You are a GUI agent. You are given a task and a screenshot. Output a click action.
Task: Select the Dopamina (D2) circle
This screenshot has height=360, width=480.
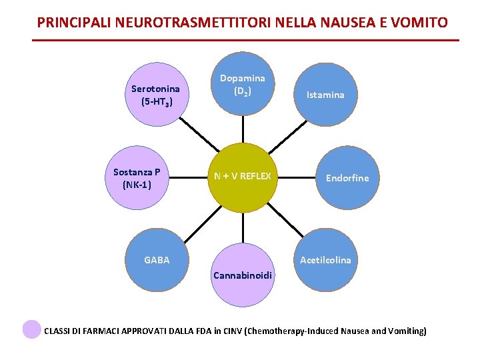click(242, 84)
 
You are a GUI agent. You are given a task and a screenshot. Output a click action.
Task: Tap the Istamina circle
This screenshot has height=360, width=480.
click(325, 95)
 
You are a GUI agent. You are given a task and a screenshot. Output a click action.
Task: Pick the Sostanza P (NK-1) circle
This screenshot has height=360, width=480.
click(137, 179)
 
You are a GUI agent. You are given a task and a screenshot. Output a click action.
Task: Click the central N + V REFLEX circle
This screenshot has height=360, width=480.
click(242, 177)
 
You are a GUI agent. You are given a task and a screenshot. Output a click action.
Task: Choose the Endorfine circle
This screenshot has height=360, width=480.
click(347, 178)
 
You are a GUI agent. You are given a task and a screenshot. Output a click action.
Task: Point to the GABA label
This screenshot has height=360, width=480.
click(157, 260)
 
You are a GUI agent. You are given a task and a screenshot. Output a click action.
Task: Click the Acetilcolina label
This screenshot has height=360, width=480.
click(325, 260)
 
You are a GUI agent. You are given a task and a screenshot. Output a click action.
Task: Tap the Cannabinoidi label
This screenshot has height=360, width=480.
click(242, 275)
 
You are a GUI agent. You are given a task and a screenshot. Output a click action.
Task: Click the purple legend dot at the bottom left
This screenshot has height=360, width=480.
click(31, 329)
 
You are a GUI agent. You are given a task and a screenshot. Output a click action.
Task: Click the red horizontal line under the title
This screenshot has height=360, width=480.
click(245, 41)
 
